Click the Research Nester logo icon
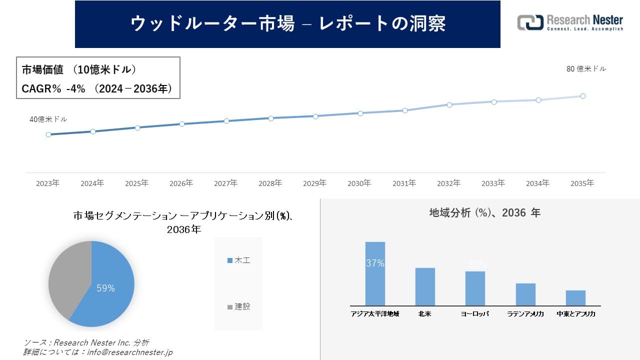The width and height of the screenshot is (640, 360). click(x=530, y=22)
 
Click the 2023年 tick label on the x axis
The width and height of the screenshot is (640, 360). click(x=47, y=183)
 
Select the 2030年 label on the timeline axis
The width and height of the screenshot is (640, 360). click(x=359, y=183)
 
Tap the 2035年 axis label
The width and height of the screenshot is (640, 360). click(x=582, y=183)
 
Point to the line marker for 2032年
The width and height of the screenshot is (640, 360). click(x=449, y=104)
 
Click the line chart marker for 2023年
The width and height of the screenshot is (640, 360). click(x=48, y=134)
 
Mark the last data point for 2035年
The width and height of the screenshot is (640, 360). click(x=583, y=96)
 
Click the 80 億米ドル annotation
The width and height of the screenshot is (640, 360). click(x=586, y=69)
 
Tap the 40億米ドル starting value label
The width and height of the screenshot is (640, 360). click(x=48, y=119)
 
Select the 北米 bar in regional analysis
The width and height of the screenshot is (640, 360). click(x=425, y=287)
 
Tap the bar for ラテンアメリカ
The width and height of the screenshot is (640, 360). click(x=525, y=294)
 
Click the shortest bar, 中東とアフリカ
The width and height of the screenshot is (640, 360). click(x=575, y=298)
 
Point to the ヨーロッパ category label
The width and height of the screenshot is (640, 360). click(x=475, y=314)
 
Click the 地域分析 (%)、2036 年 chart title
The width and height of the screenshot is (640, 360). click(x=484, y=213)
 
